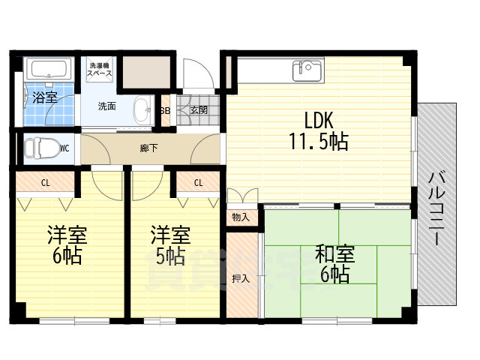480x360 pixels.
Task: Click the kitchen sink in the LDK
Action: point(307,70)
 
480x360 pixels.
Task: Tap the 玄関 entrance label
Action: point(199,110)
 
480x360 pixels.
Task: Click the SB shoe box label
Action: point(166,110)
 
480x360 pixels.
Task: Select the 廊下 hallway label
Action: point(149,148)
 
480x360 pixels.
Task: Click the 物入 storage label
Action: point(241,217)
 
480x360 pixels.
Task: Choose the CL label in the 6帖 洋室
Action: point(46,182)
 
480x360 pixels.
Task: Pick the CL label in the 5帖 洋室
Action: point(198,182)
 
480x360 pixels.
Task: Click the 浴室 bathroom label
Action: point(45,97)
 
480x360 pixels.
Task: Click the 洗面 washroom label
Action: point(107,106)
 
